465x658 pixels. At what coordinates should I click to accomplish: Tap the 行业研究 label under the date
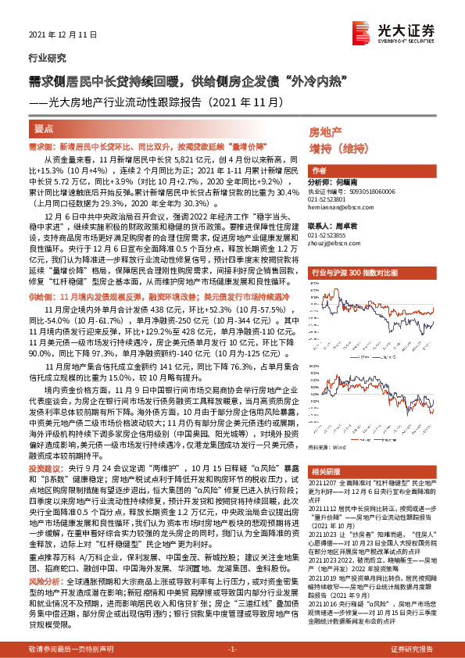(x=45, y=58)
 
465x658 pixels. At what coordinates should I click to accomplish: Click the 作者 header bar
(x=319, y=170)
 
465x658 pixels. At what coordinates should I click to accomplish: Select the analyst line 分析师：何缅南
(x=337, y=181)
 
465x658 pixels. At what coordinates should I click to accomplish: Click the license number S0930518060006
(x=351, y=190)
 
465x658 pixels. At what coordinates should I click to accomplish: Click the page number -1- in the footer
(x=232, y=649)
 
